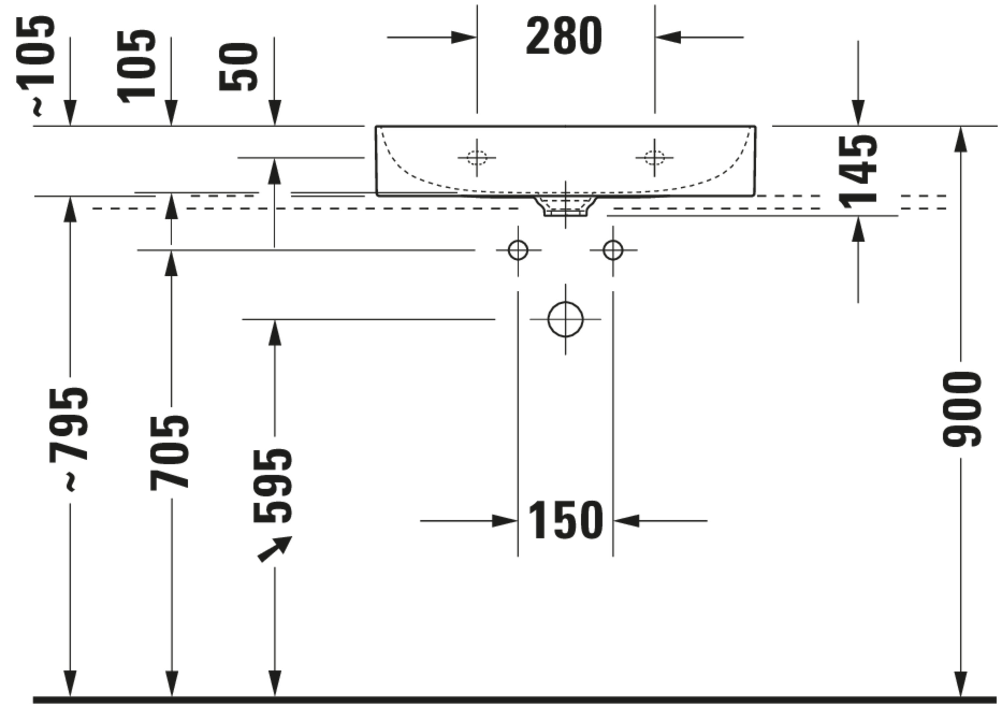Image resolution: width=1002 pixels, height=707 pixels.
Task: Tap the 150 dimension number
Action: pos(565,520)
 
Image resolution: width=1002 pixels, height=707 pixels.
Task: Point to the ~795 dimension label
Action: pos(68,439)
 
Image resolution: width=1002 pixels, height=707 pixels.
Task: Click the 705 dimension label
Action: pos(169,452)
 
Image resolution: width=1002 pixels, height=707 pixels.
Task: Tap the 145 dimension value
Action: pos(858,172)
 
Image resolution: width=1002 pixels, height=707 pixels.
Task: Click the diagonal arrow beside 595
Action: pos(275,549)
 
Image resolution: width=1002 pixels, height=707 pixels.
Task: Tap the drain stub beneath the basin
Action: pos(565,206)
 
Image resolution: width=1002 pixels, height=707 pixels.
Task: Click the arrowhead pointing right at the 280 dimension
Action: pos(464,37)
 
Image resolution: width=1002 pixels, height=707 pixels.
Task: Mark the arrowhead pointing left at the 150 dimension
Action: pos(626,521)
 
